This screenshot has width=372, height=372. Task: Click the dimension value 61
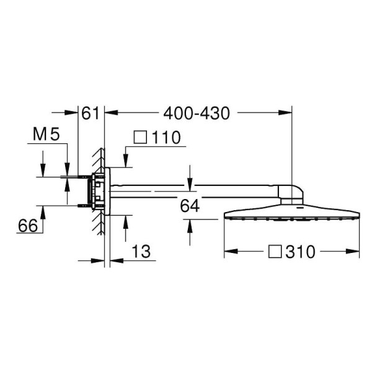tap(91, 113)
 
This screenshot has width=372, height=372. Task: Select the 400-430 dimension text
tap(196, 113)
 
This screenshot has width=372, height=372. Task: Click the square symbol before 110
tap(140, 138)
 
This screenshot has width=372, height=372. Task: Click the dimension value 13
tap(141, 251)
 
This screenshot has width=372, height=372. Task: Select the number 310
tap(301, 252)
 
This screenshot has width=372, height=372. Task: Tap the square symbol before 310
tap(275, 252)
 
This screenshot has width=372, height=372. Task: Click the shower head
tap(291, 214)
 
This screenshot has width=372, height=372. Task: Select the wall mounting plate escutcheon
tap(108, 191)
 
